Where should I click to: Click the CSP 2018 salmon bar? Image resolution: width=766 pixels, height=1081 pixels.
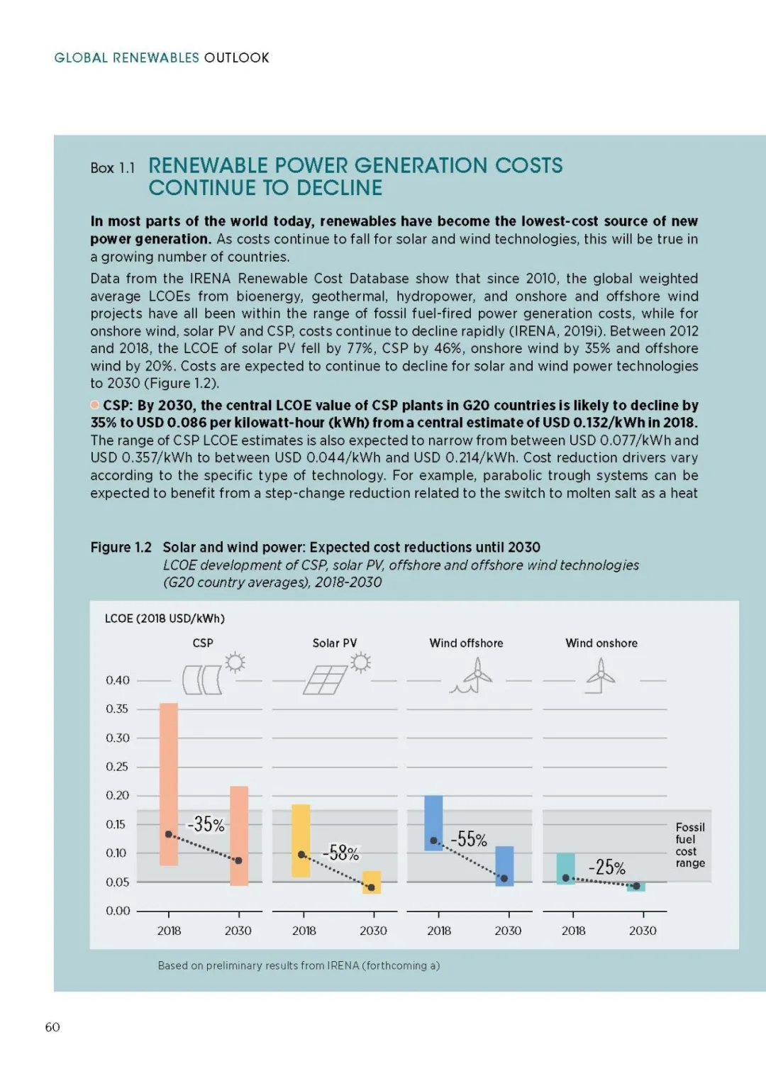[x=169, y=785]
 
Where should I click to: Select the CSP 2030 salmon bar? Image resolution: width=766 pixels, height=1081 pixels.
[x=239, y=836]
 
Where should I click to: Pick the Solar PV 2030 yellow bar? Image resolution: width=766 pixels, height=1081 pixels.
[x=372, y=882]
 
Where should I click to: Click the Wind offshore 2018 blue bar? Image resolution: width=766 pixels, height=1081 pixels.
[x=433, y=823]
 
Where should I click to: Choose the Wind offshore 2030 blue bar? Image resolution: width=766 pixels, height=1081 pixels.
[x=504, y=866]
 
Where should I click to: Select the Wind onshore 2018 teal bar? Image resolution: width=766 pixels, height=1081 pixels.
[x=566, y=869]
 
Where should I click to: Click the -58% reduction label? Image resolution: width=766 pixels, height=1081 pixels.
[x=340, y=853]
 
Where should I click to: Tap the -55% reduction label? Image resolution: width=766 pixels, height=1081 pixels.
[x=469, y=840]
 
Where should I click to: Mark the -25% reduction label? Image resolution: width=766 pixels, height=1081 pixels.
[x=606, y=867]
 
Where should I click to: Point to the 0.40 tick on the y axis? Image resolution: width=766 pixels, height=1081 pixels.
[x=117, y=680]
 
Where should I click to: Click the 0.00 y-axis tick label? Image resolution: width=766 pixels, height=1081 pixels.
[x=117, y=911]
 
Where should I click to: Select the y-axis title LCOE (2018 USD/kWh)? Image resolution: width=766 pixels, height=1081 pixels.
[x=165, y=619]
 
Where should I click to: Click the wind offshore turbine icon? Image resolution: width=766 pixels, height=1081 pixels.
[x=472, y=675]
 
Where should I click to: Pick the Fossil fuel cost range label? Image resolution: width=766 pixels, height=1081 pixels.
[x=690, y=845]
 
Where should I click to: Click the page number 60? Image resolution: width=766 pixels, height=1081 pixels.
[x=52, y=1027]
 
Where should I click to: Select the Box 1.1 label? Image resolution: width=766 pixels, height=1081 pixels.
[x=113, y=168]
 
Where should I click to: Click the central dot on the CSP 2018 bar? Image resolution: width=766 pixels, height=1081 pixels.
[x=169, y=834]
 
